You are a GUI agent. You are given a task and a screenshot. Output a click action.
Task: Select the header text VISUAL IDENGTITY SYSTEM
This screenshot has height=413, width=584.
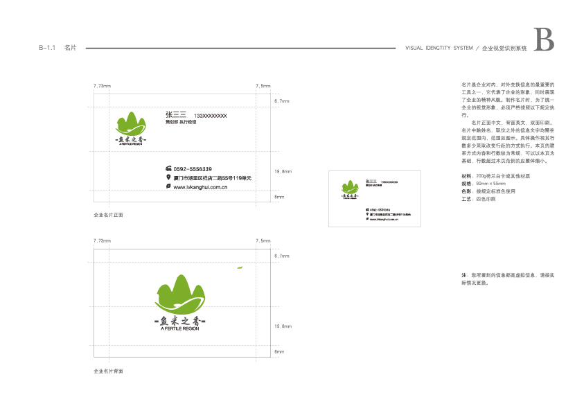point(439,49)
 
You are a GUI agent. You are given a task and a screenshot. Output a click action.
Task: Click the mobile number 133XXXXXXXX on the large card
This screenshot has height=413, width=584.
point(211,116)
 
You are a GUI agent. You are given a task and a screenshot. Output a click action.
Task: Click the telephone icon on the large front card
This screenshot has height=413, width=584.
point(168,169)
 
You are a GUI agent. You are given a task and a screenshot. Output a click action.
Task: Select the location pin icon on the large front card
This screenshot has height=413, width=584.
point(168,177)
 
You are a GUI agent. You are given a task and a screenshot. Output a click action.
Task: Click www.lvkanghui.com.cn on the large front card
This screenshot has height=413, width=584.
point(201,187)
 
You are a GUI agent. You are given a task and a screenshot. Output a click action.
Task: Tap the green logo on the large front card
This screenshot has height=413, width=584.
point(132,125)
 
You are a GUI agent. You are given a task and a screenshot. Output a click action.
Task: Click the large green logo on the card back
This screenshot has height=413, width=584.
point(179,294)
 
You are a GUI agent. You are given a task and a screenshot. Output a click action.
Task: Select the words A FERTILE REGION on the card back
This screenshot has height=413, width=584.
point(179,329)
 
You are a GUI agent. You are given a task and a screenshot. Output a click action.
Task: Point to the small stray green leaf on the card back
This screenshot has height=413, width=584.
point(240,267)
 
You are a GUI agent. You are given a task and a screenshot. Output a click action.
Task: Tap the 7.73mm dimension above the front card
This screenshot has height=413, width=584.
point(102,86)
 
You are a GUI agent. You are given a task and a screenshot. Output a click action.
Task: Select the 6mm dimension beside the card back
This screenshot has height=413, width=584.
point(279,352)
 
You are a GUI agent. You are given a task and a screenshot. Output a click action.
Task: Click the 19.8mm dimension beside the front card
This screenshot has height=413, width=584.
point(283,171)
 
